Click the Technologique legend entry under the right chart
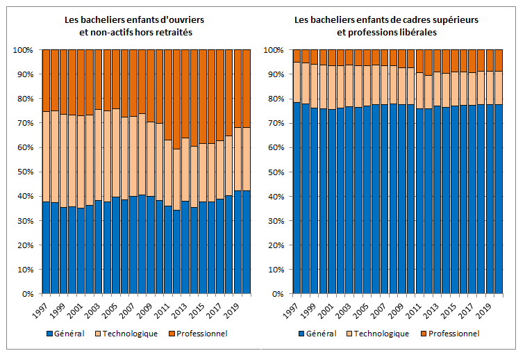381,334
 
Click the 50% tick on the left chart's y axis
24,172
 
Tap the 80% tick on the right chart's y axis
274,99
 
